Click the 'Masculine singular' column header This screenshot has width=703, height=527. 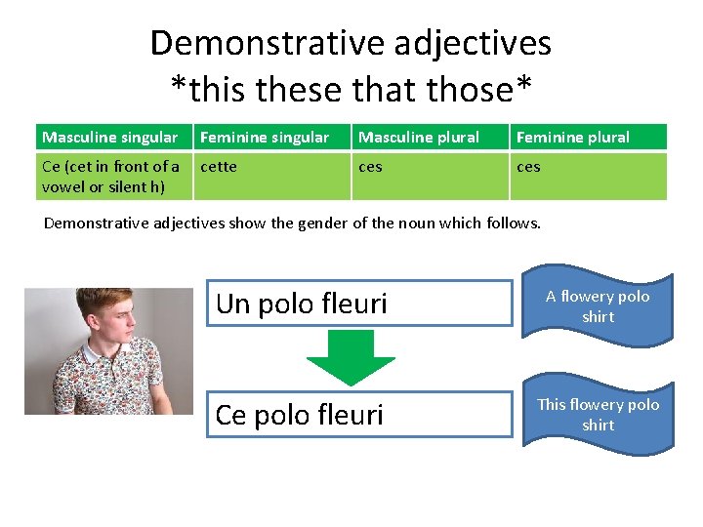click(x=109, y=138)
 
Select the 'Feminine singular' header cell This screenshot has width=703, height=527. click(x=265, y=138)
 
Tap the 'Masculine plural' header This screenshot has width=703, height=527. click(x=419, y=138)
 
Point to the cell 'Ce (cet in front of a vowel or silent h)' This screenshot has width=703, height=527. click(x=110, y=177)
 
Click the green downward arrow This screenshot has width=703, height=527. click(x=350, y=355)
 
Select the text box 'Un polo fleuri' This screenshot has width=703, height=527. click(x=358, y=304)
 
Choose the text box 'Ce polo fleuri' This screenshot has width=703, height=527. click(x=358, y=415)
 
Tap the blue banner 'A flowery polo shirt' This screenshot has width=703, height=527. click(x=598, y=306)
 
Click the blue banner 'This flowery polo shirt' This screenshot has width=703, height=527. click(x=598, y=415)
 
